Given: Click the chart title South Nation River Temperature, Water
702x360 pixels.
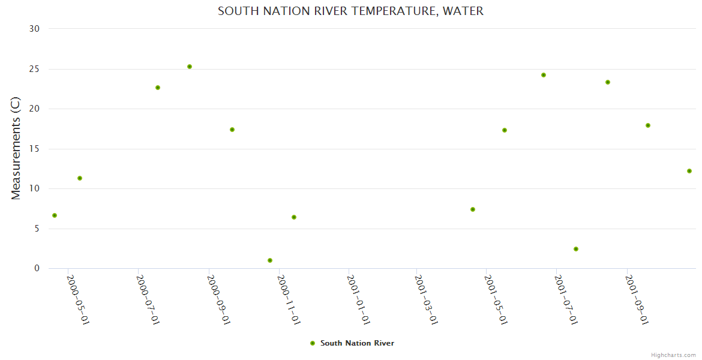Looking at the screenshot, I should click(x=350, y=11).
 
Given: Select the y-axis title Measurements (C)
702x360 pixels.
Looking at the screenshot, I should click(x=16, y=148).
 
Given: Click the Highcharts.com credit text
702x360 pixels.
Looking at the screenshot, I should click(x=673, y=355).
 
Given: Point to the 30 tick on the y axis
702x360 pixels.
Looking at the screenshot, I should click(x=34, y=29).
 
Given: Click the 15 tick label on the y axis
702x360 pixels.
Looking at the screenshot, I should click(x=34, y=149).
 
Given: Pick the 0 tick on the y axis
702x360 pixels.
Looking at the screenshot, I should click(x=37, y=269).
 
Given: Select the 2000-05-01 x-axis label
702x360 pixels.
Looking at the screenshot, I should click(x=78, y=299).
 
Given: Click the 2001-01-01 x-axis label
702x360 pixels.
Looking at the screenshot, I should click(x=358, y=299).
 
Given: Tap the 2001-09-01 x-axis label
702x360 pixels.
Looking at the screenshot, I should click(x=637, y=299).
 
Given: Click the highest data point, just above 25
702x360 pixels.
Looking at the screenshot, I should click(x=190, y=67).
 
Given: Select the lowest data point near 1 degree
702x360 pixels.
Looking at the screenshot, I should click(x=270, y=260).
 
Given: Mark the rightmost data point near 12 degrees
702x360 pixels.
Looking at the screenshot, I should click(x=689, y=171).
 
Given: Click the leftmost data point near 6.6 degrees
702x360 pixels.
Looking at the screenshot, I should click(x=55, y=215).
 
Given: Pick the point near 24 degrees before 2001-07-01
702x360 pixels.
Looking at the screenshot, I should click(x=544, y=75).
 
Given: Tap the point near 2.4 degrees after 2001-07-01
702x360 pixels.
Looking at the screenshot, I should click(x=576, y=249).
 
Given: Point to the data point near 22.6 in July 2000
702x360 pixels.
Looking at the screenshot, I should click(x=158, y=88).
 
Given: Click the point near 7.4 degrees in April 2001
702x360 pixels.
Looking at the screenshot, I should click(x=473, y=209).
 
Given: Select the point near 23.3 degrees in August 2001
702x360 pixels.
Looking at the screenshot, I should click(x=608, y=82).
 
